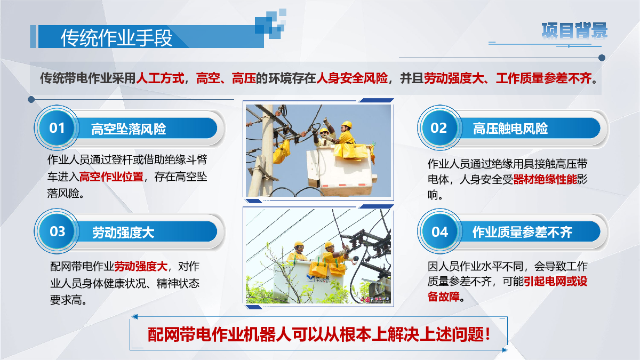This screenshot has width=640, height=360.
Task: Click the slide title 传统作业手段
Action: tap(117, 38)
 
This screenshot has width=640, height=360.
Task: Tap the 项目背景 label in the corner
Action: tap(574, 30)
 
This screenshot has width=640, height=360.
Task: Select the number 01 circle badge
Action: tap(57, 127)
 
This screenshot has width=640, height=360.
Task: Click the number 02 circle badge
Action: tap(439, 127)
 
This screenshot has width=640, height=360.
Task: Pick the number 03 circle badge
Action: tap(57, 231)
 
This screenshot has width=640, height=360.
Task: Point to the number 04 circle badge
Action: tap(439, 231)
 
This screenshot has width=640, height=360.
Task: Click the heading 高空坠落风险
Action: tap(129, 129)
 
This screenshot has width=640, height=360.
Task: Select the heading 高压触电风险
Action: tap(510, 129)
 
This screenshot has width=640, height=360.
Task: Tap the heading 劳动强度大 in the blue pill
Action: tap(123, 233)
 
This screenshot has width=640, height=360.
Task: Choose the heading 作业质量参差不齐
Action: tap(522, 232)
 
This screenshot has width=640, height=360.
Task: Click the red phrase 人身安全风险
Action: tap(352, 78)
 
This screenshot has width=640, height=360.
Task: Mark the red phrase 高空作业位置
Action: tap(111, 177)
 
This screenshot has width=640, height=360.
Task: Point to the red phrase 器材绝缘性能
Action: tap(545, 179)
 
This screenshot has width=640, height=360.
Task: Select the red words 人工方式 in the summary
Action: tap(160, 78)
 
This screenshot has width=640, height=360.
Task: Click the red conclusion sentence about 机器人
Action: tap(319, 334)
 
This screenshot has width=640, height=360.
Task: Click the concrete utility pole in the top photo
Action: tap(263, 150)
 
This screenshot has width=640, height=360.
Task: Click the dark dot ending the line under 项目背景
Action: tap(602, 58)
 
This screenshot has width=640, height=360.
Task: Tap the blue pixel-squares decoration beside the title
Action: tap(270, 23)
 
